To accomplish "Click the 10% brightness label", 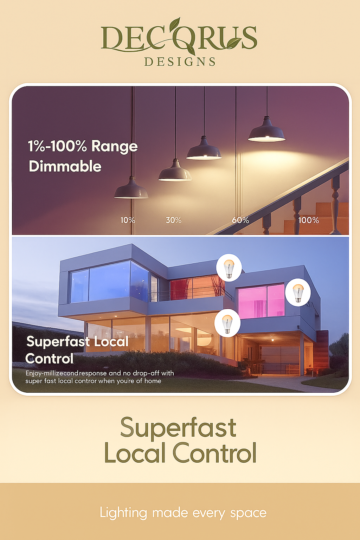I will pos(128,220).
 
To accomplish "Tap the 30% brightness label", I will pos(173,220).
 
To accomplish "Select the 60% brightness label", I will pos(240,220).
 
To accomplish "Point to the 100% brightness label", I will pos(308,220).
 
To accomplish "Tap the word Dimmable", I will pos(65,166).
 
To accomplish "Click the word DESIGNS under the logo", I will pos(180,62).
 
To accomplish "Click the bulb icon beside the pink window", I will pos(298,293).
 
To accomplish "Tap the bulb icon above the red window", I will pos(229,268).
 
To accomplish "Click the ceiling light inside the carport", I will pos(271,340).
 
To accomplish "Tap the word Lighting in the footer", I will pos(123,513).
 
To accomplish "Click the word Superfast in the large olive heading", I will pos(178,428).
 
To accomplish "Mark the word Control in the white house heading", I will pos(49,359).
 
